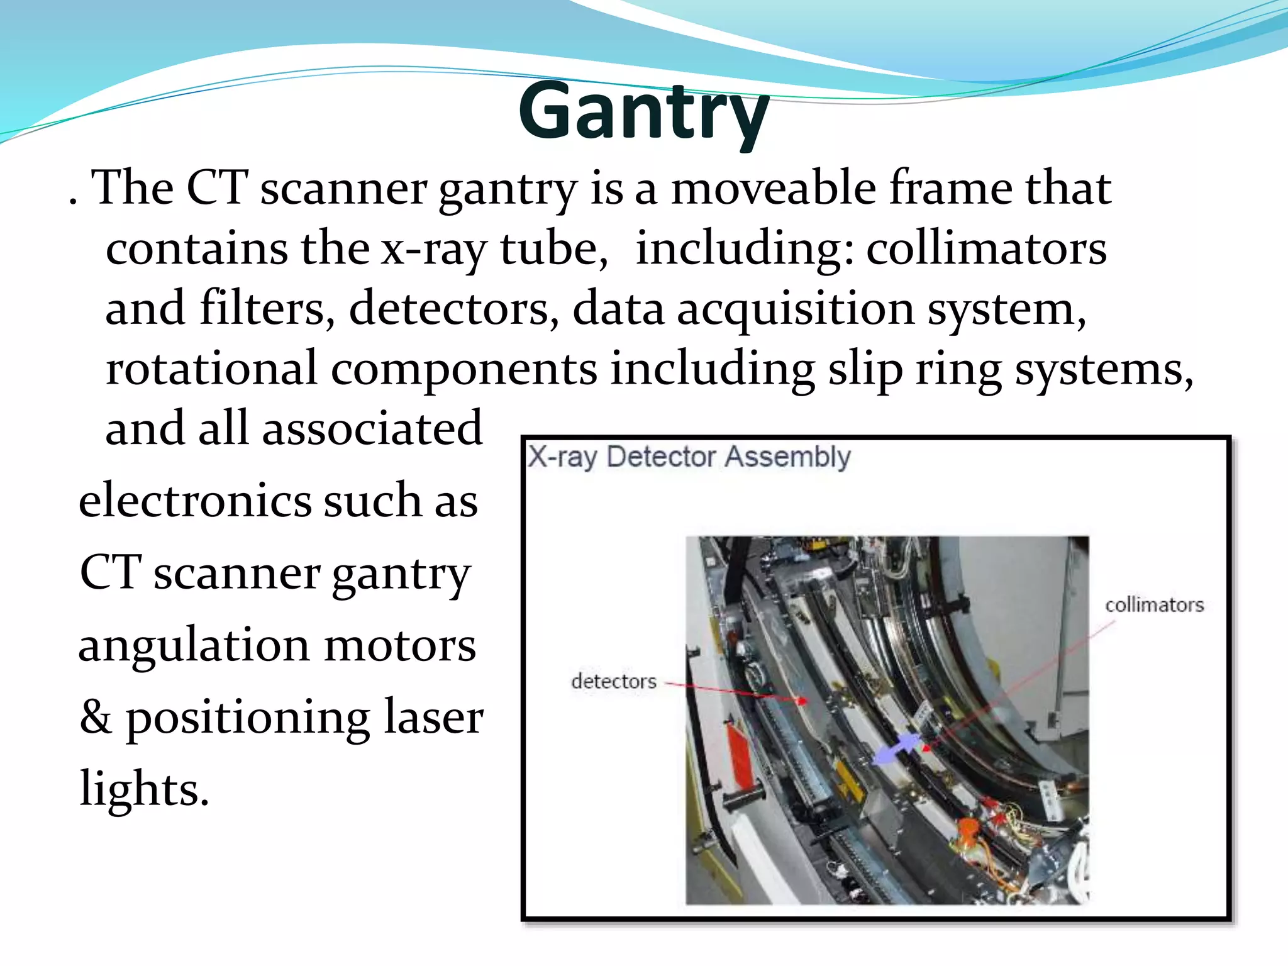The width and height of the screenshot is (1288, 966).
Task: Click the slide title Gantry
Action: point(643,112)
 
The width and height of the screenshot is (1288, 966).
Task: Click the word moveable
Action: point(773,189)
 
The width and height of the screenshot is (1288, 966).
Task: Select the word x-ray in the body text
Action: point(433,249)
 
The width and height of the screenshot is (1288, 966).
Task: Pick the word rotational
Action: point(211,369)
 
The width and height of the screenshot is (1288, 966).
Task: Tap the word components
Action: point(464,370)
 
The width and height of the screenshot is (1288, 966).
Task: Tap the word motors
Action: point(399,645)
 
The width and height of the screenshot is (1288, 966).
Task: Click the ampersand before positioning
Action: point(96,717)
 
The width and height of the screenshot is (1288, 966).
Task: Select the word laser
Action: point(433,717)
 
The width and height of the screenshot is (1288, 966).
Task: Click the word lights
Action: point(143,789)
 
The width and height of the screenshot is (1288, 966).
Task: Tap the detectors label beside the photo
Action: point(613,681)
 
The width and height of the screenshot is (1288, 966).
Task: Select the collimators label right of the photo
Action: point(1154,605)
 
